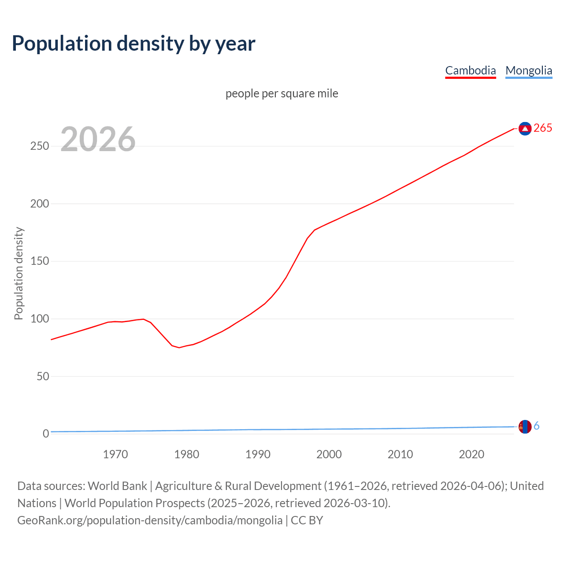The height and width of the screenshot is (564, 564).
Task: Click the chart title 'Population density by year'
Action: [134, 44]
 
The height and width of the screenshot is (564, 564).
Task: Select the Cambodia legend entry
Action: [470, 70]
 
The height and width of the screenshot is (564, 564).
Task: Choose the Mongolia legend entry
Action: [528, 70]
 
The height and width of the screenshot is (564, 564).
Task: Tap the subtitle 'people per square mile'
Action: [282, 93]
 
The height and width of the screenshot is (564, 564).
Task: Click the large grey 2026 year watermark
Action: [98, 139]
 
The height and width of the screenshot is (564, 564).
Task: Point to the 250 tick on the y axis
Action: [40, 146]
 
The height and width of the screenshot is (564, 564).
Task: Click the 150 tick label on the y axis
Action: [40, 261]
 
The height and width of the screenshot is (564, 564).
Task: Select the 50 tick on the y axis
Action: [42, 376]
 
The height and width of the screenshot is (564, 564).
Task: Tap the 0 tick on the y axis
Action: [46, 434]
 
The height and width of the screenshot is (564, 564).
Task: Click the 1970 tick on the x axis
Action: [115, 454]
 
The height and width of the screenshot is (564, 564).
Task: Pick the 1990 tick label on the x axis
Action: [258, 454]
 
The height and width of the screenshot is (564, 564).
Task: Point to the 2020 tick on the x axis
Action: [471, 454]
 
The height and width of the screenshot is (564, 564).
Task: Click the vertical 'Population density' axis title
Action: [19, 273]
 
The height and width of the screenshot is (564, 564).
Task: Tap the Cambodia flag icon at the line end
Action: [525, 128]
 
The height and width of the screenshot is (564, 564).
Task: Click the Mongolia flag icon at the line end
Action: [525, 427]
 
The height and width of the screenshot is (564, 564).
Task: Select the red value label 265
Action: [542, 128]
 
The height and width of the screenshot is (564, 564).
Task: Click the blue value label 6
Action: [536, 426]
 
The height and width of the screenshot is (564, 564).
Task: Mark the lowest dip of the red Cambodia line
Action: [179, 348]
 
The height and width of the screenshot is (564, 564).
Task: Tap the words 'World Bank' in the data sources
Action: [117, 486]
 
